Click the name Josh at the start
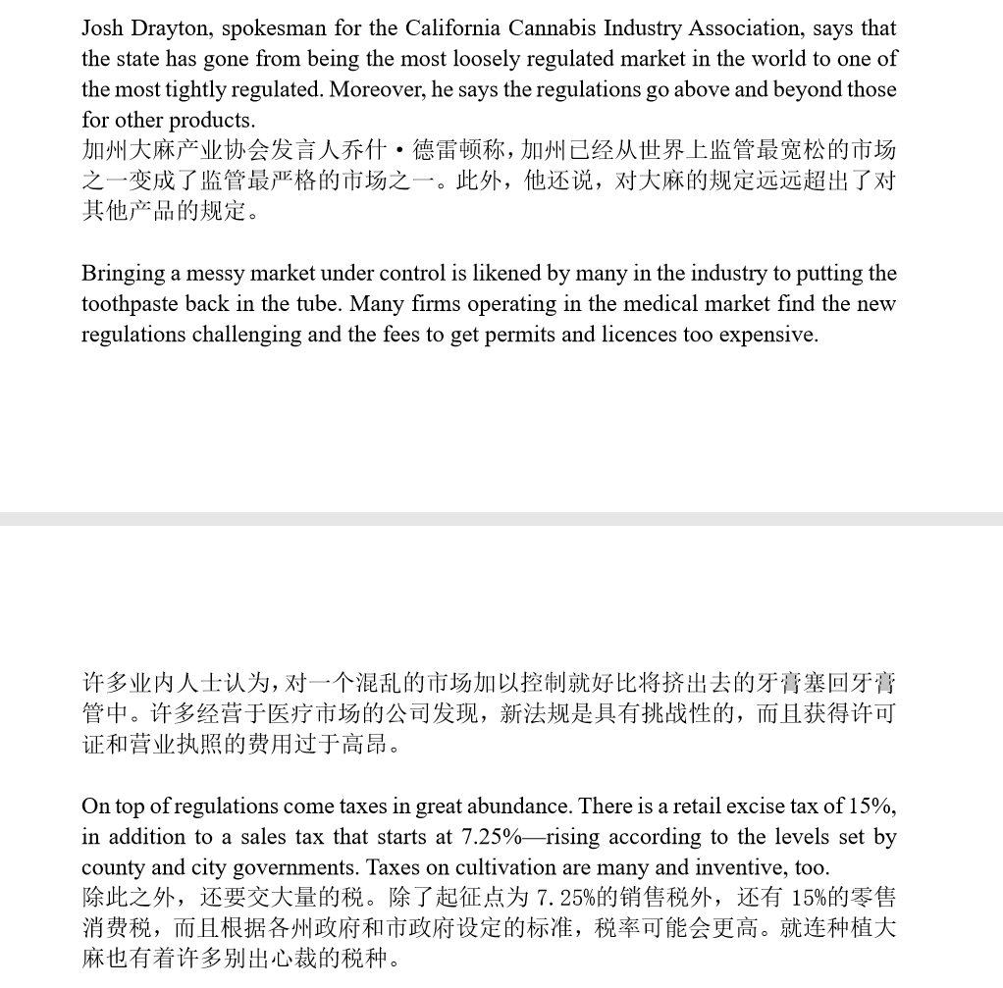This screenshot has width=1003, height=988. (103, 28)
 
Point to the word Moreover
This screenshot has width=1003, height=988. (370, 89)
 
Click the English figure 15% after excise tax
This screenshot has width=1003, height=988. (871, 806)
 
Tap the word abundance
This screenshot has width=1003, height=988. (519, 806)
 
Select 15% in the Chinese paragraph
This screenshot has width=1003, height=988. (800, 898)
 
